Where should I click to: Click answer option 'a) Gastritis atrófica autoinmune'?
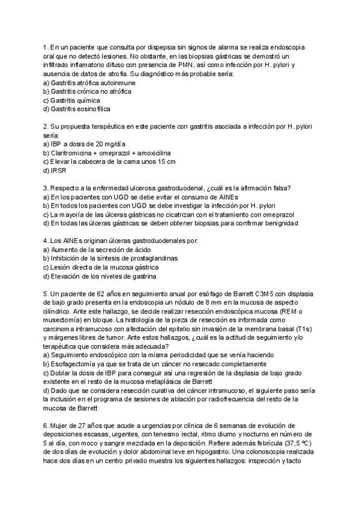85,82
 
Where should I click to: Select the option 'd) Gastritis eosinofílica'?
76,109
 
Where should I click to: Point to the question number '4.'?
46,241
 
